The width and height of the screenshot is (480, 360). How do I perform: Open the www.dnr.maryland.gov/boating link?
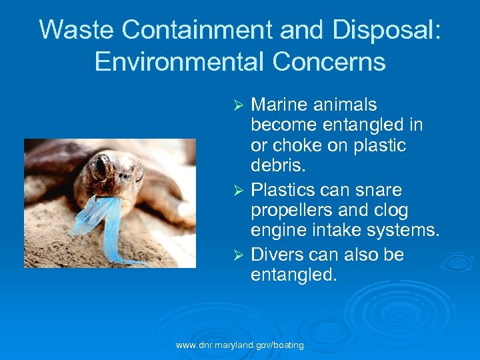click(239, 345)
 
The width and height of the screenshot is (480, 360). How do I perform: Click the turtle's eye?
click(101, 167)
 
